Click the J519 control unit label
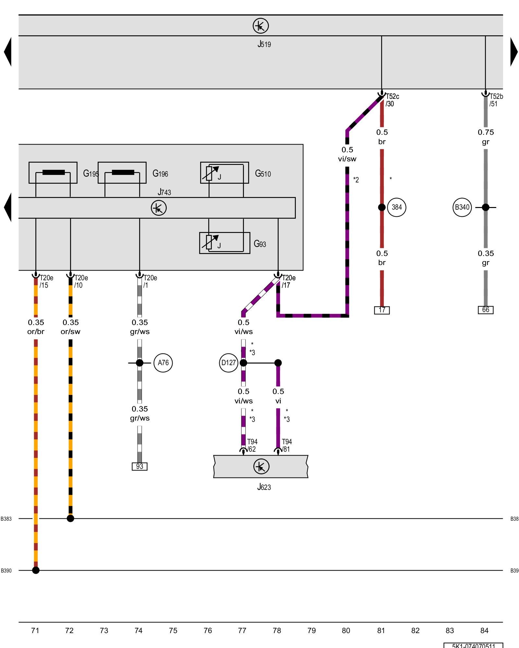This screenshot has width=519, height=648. [x=264, y=44]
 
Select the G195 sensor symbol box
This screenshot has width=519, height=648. [x=53, y=173]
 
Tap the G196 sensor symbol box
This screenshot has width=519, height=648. [x=122, y=173]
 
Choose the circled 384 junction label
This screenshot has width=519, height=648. [x=396, y=207]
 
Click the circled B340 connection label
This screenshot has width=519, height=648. [x=462, y=207]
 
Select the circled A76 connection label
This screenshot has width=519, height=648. [x=163, y=363]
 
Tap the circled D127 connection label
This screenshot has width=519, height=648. [x=228, y=363]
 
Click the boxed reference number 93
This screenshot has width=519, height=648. [x=139, y=467]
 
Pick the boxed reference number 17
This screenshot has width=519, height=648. [x=382, y=310]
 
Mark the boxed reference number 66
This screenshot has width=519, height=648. [x=486, y=310]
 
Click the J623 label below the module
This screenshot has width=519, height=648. [x=264, y=487]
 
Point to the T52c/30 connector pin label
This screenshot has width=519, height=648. [x=392, y=100]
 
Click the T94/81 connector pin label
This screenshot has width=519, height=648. [x=286, y=445]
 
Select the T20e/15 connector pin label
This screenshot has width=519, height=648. [x=46, y=282]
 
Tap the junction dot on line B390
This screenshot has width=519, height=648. [x=36, y=570]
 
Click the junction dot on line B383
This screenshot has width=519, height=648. [x=70, y=518]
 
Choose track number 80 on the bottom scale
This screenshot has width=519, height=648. [x=346, y=631]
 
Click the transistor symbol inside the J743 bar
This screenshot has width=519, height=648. [x=159, y=208]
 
